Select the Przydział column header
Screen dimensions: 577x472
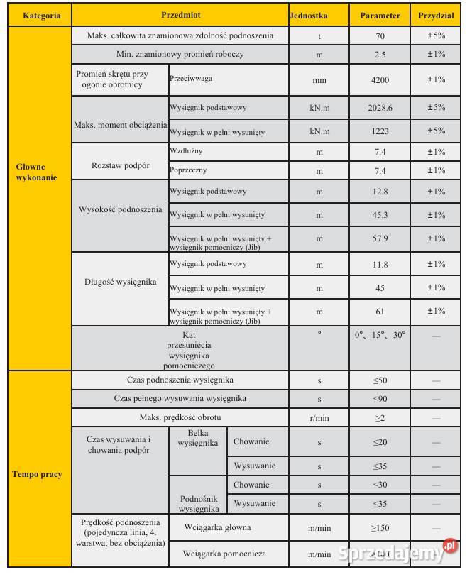pyautogui.click(x=436, y=15)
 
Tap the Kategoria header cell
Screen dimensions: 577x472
pyautogui.click(x=41, y=15)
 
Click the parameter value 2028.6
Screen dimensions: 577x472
pyautogui.click(x=380, y=107)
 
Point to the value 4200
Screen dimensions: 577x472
pyautogui.click(x=380, y=80)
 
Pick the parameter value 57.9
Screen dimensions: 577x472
pyautogui.click(x=380, y=238)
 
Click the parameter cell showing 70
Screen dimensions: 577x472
pyautogui.click(x=380, y=35)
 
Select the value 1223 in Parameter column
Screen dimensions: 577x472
pyautogui.click(x=380, y=131)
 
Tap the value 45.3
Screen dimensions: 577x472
pyautogui.click(x=380, y=215)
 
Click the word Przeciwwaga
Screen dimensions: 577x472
pyautogui.click(x=192, y=79)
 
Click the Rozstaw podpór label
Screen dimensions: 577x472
pyautogui.click(x=121, y=165)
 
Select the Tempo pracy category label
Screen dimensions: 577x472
pyautogui.click(x=37, y=474)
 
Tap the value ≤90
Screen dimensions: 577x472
pyautogui.click(x=380, y=399)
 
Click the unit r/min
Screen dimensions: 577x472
pyautogui.click(x=319, y=418)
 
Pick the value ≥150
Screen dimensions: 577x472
pyautogui.click(x=380, y=528)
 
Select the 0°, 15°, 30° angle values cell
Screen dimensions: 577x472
pyautogui.click(x=380, y=335)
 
